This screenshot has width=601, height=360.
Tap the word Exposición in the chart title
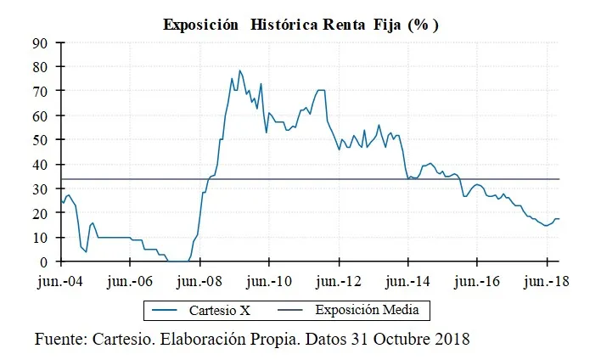coord(201,25)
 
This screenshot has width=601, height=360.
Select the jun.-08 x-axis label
coord(200,281)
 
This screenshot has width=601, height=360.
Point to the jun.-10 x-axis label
coord(269,281)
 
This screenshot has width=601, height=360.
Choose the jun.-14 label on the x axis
coord(408,281)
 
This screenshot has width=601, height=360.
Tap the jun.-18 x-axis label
coord(547,281)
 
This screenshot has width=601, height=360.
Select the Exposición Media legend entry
coord(367,311)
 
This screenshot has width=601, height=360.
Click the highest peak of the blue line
coord(239,70)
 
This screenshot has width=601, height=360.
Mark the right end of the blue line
coord(559,219)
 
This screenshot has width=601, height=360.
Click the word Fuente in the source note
coord(61,340)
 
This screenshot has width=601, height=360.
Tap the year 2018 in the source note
coord(451,340)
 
